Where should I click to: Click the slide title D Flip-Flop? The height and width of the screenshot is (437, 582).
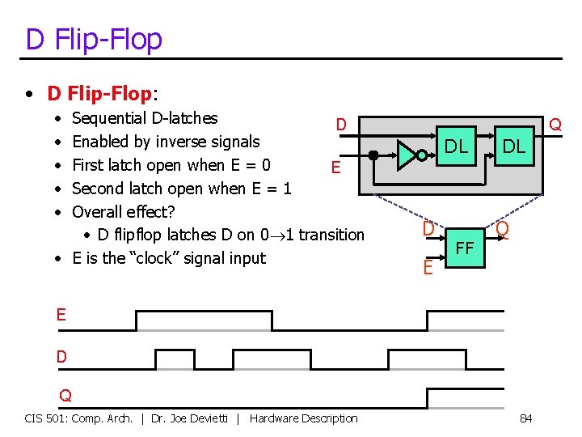coord(94,39)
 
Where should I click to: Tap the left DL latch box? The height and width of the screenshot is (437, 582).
coord(457,146)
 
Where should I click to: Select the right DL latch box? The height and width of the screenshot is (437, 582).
coord(513,147)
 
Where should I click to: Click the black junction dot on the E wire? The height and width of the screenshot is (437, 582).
coord(373,154)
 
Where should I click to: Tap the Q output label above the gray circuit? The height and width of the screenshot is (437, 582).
coord(555,125)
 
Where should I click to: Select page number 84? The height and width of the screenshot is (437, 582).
coord(525,418)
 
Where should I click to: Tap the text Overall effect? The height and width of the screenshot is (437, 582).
coord(123,211)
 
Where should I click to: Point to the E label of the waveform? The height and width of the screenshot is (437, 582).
coord(61,314)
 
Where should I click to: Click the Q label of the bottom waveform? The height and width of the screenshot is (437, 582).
coord(65,396)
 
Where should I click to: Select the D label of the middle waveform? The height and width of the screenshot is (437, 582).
coord(61,356)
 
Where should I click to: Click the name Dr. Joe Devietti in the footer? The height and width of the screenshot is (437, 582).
coord(193,418)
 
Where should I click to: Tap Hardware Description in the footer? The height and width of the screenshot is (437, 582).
coord(303,418)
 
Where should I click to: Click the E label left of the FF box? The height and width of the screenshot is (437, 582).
coord(428,265)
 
